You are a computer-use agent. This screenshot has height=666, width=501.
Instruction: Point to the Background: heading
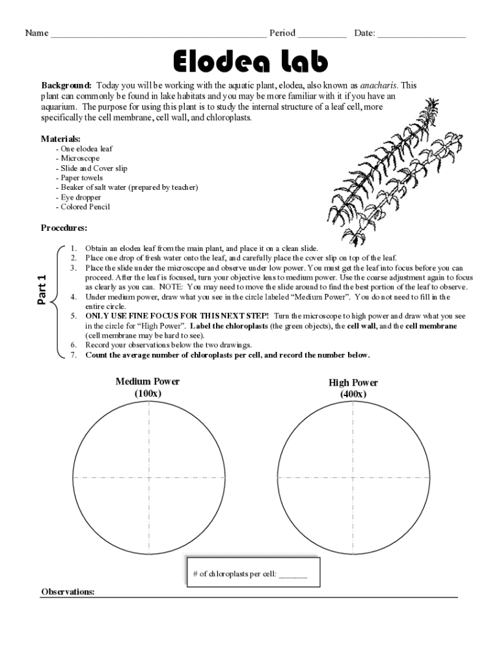(67, 85)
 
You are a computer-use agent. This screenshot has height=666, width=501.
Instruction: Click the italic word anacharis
(378, 85)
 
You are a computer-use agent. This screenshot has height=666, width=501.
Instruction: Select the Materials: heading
(61, 139)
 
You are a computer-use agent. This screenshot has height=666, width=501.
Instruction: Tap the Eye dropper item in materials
(78, 197)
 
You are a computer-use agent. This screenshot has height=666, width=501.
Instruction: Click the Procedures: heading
(64, 228)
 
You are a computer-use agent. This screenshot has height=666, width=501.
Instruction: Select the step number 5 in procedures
(74, 315)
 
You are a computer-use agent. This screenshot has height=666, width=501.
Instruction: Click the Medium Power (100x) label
(148, 387)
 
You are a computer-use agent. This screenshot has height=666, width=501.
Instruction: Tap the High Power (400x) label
(353, 388)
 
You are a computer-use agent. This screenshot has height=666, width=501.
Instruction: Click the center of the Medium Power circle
(149, 478)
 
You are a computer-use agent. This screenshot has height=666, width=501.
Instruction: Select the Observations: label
(68, 592)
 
